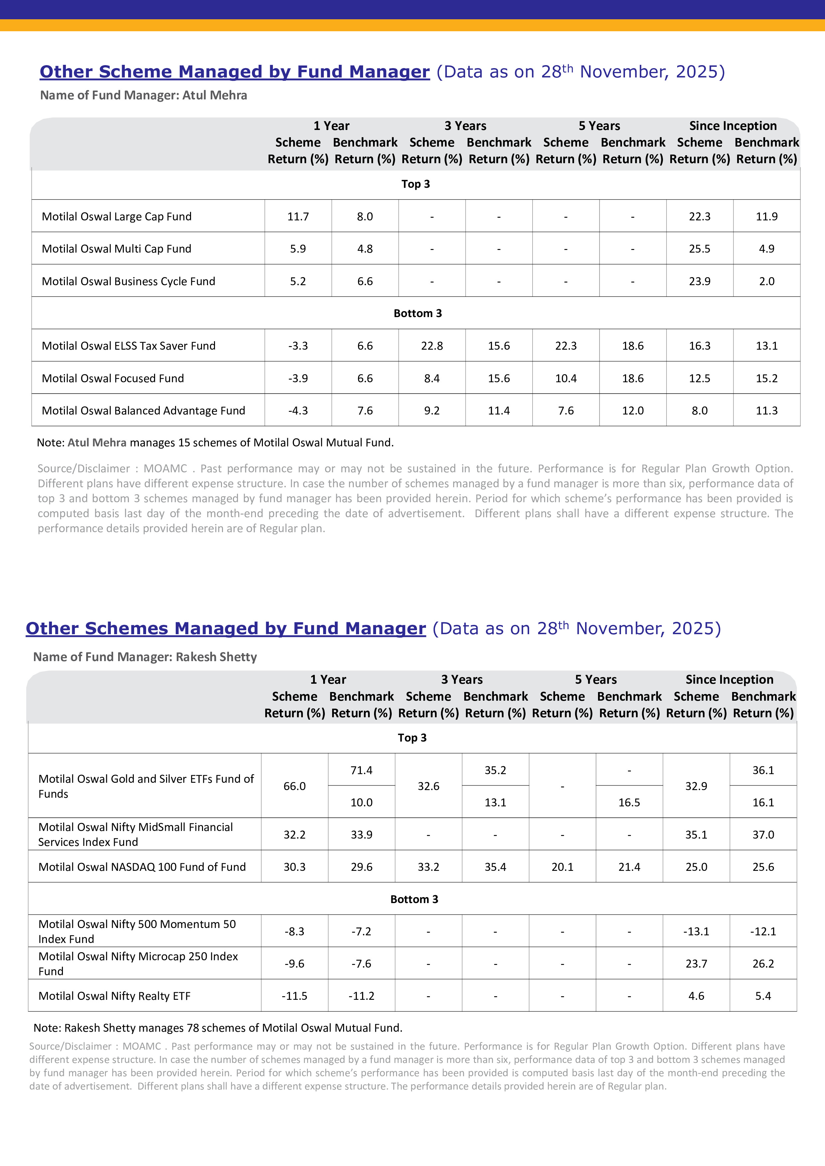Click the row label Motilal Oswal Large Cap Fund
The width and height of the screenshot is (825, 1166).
point(116,216)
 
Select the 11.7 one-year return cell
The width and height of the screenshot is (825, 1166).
point(298,216)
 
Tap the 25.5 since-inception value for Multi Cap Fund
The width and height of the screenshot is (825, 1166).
point(700,249)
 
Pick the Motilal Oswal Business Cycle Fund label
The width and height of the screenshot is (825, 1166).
point(128,281)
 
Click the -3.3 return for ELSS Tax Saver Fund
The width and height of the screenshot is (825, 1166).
point(298,346)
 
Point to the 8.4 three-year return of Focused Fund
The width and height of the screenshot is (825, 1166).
point(432,378)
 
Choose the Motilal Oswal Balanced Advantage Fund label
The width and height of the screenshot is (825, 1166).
point(143,410)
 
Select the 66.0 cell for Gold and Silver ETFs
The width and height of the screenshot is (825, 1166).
point(294,786)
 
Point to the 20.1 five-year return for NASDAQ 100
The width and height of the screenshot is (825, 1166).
point(562,867)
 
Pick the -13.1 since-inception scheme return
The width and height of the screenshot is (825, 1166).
point(696,931)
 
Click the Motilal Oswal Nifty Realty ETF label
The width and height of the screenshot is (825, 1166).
point(114,996)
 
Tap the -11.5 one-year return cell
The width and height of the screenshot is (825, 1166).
point(294,996)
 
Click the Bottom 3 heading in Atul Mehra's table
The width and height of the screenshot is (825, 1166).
point(417,313)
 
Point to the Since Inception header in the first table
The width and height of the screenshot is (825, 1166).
point(732,126)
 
